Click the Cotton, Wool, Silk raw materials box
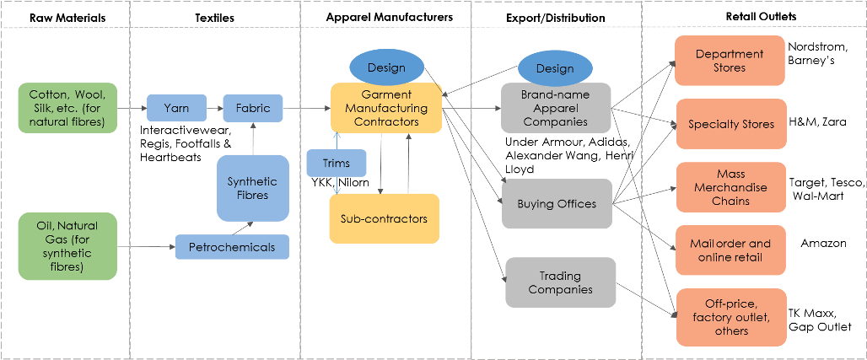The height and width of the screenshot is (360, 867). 67,108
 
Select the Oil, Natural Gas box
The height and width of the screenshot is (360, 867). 67,245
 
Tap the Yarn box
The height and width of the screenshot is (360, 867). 176,109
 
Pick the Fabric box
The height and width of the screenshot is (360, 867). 253,109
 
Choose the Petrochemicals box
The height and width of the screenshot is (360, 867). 232,247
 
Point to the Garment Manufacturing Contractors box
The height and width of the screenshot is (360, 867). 386,108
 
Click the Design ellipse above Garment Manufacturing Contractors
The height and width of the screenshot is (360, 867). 386,67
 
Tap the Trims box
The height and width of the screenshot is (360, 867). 337,164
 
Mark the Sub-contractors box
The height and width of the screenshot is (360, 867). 384,219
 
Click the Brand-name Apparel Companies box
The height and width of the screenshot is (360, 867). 556,108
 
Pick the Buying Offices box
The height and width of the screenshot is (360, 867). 557,203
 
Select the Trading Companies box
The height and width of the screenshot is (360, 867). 561,282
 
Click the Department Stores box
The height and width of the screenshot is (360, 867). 730,61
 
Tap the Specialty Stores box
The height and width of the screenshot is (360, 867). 730,124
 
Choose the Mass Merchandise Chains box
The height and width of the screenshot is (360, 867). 730,186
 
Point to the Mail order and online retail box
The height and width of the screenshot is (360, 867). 730,250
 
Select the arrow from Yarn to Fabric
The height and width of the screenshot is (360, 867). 214,109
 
